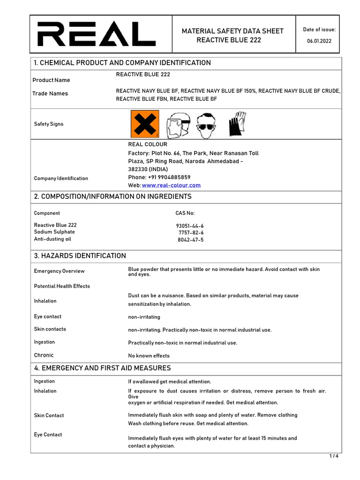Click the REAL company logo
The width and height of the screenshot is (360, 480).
point(97,34)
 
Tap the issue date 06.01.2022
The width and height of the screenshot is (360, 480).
point(319,41)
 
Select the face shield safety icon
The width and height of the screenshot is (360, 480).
point(178,124)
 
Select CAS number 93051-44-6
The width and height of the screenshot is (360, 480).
point(190,225)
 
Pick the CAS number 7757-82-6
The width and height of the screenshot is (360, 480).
point(191,232)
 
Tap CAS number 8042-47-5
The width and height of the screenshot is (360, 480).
point(191,240)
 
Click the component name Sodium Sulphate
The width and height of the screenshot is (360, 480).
point(54,232)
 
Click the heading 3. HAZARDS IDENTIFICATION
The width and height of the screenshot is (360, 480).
point(80,255)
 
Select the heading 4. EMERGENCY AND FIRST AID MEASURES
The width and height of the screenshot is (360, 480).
point(102,368)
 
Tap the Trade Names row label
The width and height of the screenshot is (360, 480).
point(50,93)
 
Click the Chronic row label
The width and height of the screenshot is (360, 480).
point(44,355)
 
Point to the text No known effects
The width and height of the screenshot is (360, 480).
point(149,356)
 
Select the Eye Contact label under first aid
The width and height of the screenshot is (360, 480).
point(48,435)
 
